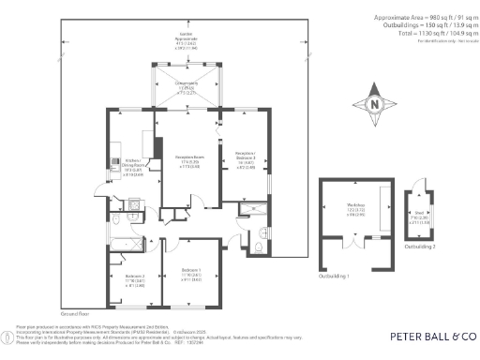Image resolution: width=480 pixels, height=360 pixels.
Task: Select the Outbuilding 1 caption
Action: click(334, 277)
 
